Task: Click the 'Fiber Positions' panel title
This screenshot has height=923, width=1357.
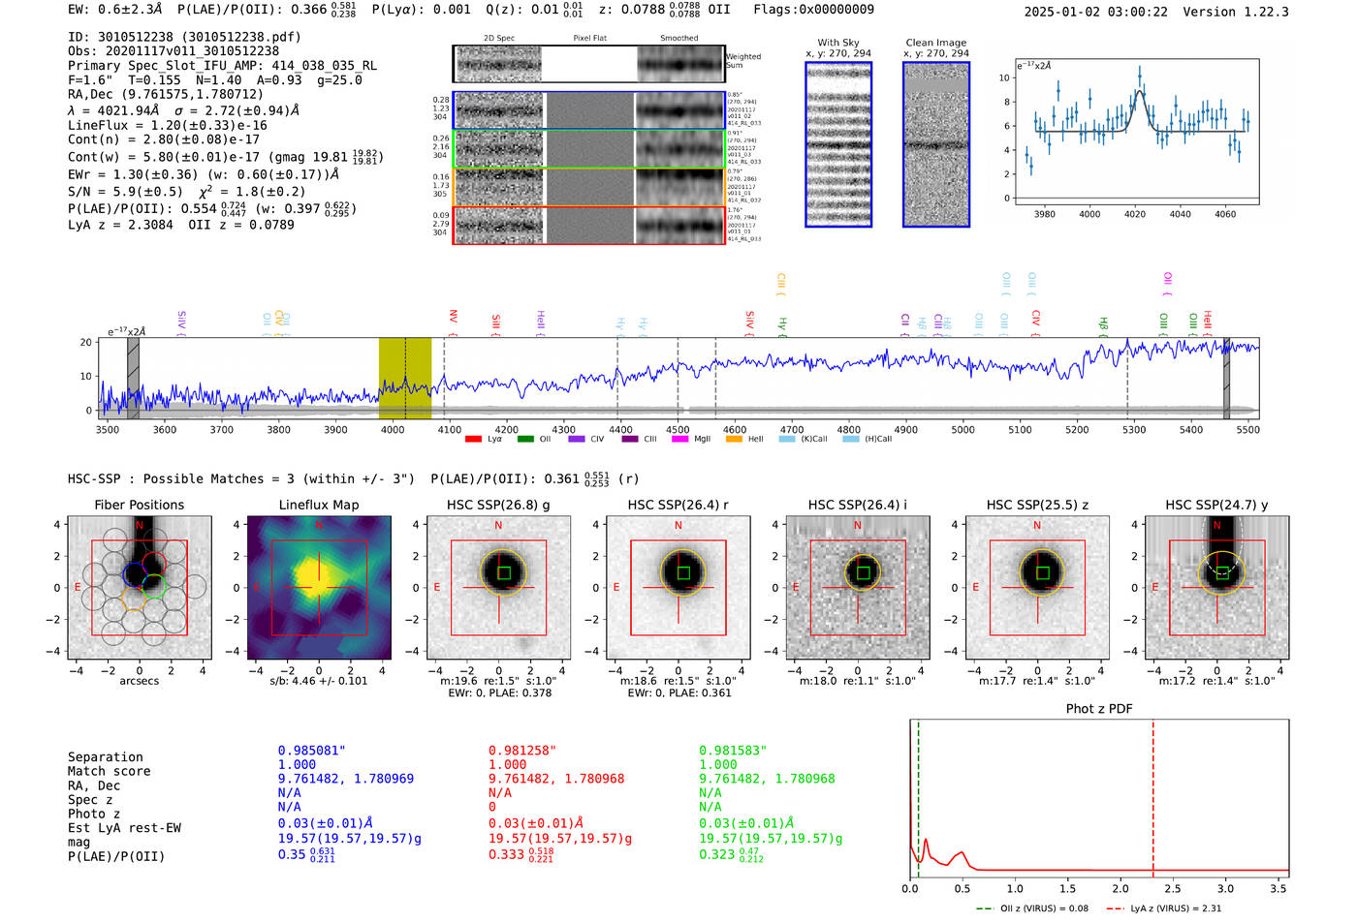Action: pyautogui.click(x=139, y=505)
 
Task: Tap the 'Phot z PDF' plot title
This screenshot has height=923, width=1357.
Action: pyautogui.click(x=1099, y=709)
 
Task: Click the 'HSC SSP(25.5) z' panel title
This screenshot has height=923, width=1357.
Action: pyautogui.click(x=1037, y=505)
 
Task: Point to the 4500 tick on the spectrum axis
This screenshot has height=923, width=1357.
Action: pyautogui.click(x=678, y=430)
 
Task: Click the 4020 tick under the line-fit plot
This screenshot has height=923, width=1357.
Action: pyautogui.click(x=1135, y=214)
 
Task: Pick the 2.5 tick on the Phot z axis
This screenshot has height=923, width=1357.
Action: pyautogui.click(x=1173, y=888)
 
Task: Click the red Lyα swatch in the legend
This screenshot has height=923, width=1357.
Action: pyautogui.click(x=473, y=439)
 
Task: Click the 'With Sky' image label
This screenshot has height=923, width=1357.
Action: pyautogui.click(x=837, y=43)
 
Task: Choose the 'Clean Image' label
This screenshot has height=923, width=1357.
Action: pyautogui.click(x=935, y=43)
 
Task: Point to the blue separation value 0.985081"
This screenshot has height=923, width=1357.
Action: pyautogui.click(x=311, y=751)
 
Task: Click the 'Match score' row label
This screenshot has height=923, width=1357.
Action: pyautogui.click(x=109, y=771)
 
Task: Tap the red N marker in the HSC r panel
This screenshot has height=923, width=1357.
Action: pyautogui.click(x=678, y=525)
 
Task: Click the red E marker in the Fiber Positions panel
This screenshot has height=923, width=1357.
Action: pyautogui.click(x=78, y=587)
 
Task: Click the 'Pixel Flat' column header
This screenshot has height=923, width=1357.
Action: pyautogui.click(x=589, y=38)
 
